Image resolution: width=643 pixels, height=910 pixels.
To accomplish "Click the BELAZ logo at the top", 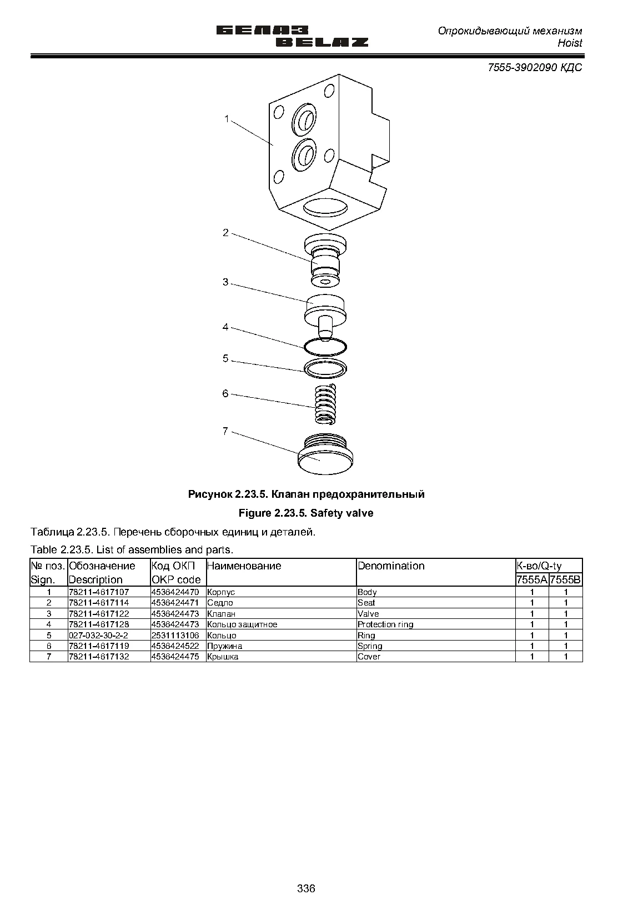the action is (x=292, y=37).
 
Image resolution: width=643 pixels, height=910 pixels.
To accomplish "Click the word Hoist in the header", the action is (x=570, y=43).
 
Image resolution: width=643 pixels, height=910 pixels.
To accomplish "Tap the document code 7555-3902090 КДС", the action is (x=535, y=67).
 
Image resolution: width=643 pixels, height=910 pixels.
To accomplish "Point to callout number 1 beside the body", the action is (x=227, y=119).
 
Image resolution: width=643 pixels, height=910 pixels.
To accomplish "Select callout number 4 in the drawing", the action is (x=225, y=327).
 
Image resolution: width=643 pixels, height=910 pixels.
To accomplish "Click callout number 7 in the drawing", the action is (x=225, y=431).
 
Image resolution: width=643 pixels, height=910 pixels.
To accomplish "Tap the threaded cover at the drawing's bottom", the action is (x=325, y=454).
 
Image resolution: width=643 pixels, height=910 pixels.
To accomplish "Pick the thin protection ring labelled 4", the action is (x=325, y=347).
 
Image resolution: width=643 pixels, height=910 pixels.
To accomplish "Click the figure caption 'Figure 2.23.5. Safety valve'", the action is (x=306, y=513).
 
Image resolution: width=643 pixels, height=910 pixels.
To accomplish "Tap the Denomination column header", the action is (x=391, y=566).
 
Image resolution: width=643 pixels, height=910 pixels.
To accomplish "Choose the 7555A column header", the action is (x=532, y=579).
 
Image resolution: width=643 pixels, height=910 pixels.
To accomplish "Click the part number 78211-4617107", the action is (x=99, y=592).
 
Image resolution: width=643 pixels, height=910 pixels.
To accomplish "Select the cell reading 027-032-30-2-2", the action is (x=98, y=636).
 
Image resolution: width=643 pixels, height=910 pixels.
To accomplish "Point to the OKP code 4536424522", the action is (x=175, y=646).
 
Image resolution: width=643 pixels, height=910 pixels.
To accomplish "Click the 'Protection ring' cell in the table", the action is (x=385, y=624).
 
